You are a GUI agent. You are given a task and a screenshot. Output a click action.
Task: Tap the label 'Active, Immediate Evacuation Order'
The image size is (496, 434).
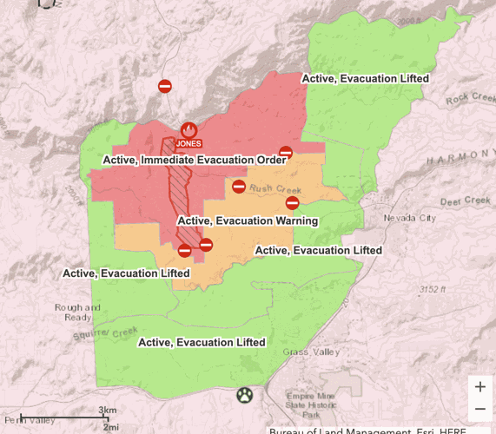coord(195,160)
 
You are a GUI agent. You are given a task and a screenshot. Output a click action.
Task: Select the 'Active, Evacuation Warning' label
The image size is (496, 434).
coord(248,220)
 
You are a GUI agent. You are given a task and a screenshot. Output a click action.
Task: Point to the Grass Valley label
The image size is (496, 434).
coord(312,352)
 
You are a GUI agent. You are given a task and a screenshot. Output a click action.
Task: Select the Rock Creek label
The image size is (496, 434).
coord(469,99)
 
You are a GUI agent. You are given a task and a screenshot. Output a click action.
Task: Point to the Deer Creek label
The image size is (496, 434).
coord(466,201)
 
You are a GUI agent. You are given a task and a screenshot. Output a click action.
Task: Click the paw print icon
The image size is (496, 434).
coord(245,396)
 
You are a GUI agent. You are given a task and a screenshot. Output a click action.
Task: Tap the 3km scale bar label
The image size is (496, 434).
coord(108,410)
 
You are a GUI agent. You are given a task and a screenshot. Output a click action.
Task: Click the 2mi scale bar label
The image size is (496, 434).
coord(110,427)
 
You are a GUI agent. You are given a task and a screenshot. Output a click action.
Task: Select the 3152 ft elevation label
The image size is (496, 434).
coord(431,289)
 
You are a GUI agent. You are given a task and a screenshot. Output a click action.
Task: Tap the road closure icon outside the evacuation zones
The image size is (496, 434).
coord(165,86)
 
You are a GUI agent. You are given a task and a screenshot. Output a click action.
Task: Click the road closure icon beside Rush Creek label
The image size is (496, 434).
coord(239,187)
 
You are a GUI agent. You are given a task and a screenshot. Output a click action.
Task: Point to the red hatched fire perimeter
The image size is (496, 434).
coord(182,187)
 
